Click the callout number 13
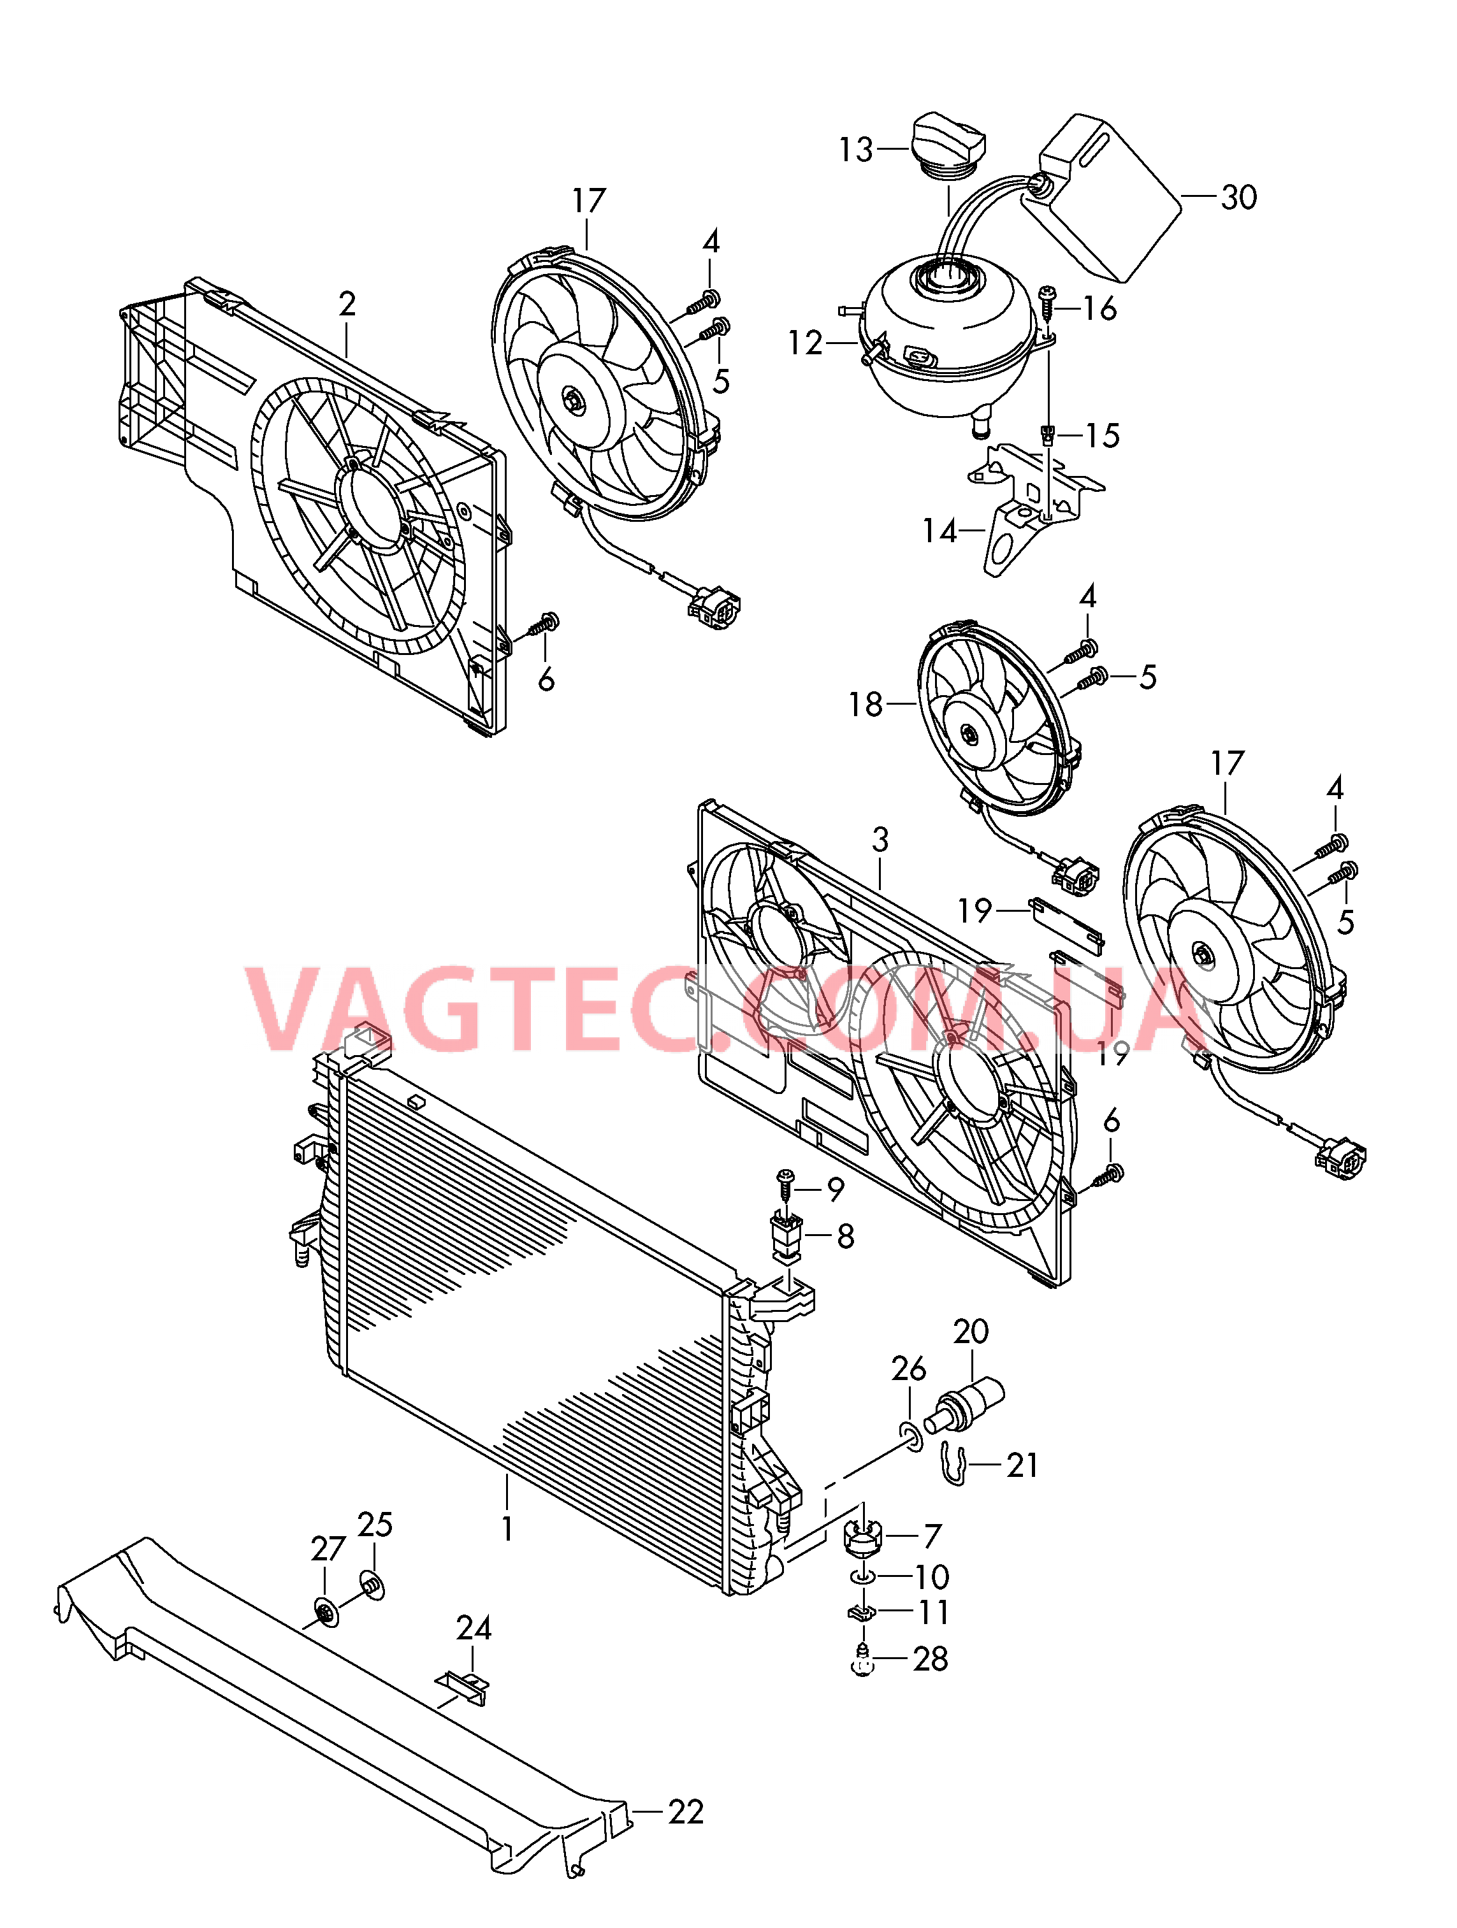pos(855,149)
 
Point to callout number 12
pos(805,343)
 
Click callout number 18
pos(866,704)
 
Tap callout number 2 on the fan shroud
pos(347,303)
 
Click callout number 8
pos(845,1236)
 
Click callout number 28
pos(931,1658)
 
